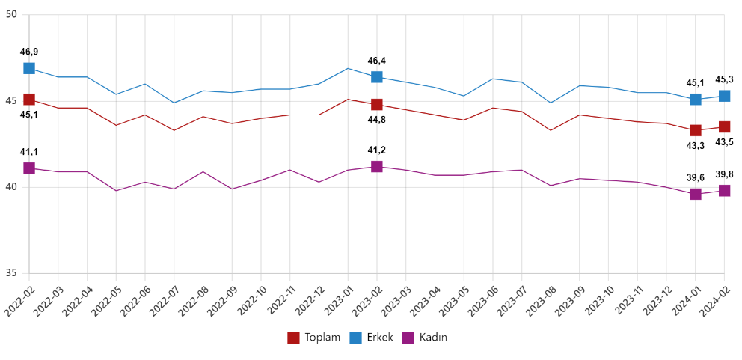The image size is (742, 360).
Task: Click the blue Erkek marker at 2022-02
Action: [x=29, y=68]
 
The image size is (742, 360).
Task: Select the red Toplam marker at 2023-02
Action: [x=377, y=104]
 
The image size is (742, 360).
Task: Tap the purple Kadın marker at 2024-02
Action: [x=724, y=191]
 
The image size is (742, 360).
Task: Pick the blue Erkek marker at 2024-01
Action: [x=696, y=100]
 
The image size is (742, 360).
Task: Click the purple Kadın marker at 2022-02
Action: [x=29, y=168]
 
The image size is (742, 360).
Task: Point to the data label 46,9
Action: [x=29, y=52]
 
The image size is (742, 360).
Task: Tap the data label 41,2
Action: [x=377, y=150]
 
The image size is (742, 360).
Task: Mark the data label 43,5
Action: [x=724, y=141]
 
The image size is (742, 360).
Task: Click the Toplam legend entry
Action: [x=314, y=338]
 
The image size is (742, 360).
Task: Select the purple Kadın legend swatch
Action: [x=409, y=338]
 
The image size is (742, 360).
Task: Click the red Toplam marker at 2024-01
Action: [x=696, y=130]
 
